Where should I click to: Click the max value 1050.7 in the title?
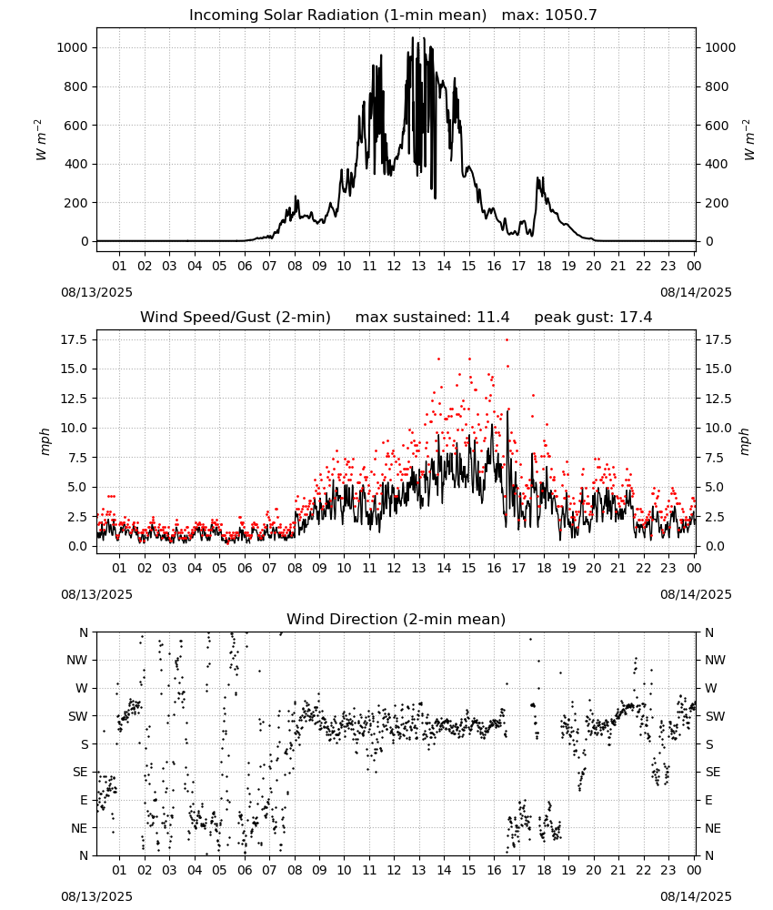[571, 15]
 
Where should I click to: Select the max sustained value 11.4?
[493, 318]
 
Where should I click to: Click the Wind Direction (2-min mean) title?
[397, 619]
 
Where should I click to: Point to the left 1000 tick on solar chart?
[72, 47]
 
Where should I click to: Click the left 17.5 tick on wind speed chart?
[75, 339]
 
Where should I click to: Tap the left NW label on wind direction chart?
[77, 660]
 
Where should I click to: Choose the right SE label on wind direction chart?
[713, 772]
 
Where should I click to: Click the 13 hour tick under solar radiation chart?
[418, 266]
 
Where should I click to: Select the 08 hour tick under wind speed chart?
[295, 568]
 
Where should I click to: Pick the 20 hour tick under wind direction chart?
[593, 870]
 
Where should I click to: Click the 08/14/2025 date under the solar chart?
[696, 292]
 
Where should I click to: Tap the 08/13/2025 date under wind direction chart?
[96, 896]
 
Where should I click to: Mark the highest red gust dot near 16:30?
[507, 340]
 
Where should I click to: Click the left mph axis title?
[45, 441]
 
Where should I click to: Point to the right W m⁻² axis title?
[748, 140]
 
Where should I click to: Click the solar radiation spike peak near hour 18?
[537, 177]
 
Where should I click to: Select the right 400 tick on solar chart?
[717, 164]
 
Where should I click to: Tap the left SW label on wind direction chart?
[77, 716]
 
